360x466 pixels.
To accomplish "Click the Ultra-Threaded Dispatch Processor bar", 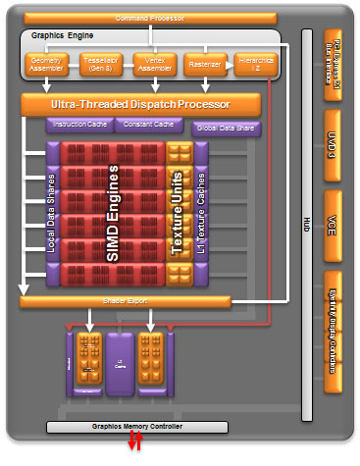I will coord(140,104).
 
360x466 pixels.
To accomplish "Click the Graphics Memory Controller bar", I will coord(137,427).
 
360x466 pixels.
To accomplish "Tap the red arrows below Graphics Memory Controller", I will coord(137,446).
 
